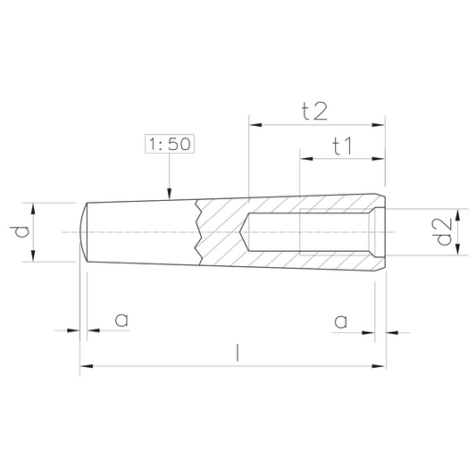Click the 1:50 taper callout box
(x=170, y=144)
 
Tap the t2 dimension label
(x=315, y=111)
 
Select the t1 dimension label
(x=342, y=146)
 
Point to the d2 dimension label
(x=444, y=232)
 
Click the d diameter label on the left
(x=20, y=231)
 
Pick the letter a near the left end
(x=121, y=320)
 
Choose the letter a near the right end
(x=340, y=322)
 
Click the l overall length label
(x=238, y=353)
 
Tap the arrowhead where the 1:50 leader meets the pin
(x=170, y=194)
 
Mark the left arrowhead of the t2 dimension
(x=255, y=125)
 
